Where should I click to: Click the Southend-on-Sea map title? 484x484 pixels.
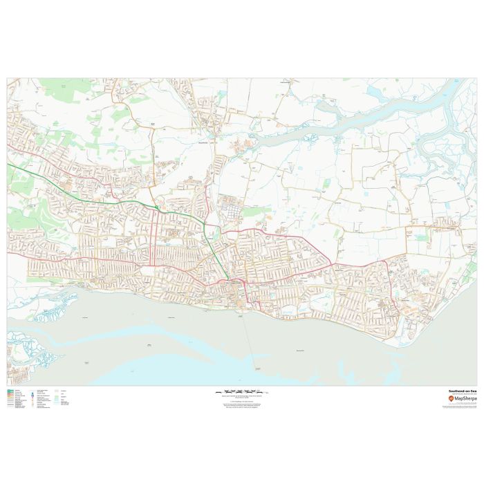[x=462, y=391]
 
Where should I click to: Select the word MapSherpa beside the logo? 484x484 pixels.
[x=465, y=399]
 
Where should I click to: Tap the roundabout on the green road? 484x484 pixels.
[x=158, y=207]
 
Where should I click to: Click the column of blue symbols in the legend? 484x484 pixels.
[x=32, y=400]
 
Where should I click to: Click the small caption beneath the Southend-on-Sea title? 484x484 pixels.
[x=461, y=394]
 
